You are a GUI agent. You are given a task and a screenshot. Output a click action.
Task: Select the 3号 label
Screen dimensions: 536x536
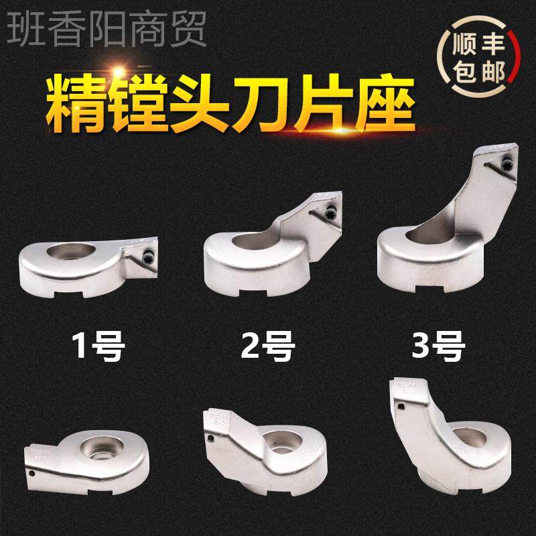coord(438,347)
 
